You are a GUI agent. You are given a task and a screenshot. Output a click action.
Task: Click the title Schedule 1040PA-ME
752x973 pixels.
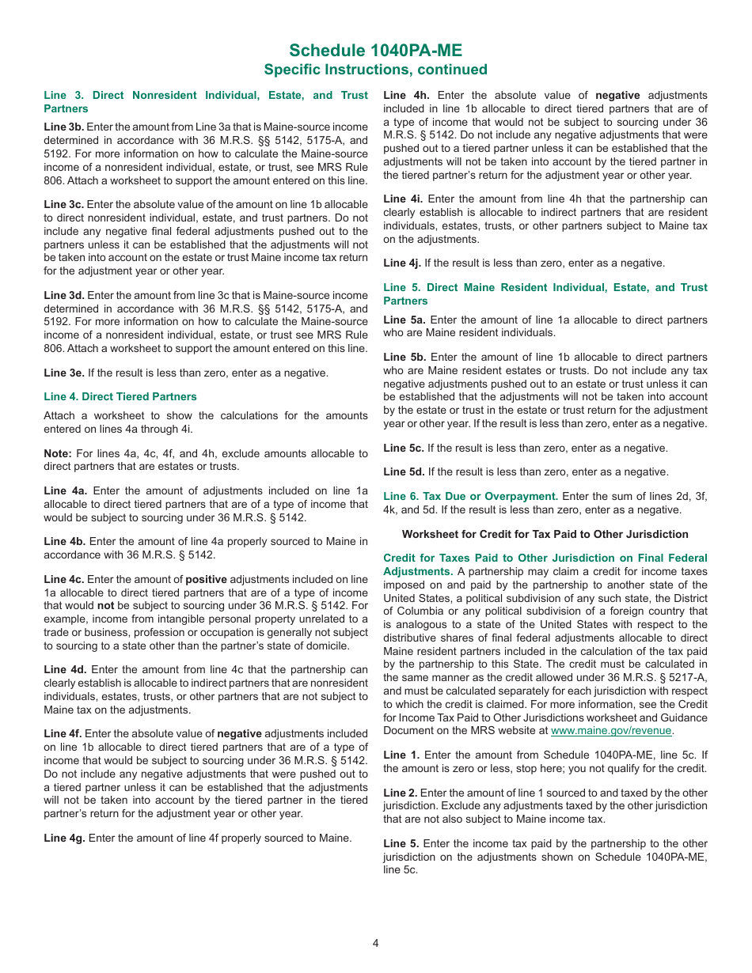pyautogui.click(x=375, y=51)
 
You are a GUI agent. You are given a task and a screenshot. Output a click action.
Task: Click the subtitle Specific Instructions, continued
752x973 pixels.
pyautogui.click(x=375, y=70)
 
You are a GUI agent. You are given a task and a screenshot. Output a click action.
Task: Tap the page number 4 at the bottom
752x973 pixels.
pyautogui.click(x=376, y=942)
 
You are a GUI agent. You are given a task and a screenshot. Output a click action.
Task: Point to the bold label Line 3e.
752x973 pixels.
pyautogui.click(x=63, y=373)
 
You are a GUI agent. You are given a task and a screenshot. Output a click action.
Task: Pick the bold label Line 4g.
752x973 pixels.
pyautogui.click(x=64, y=838)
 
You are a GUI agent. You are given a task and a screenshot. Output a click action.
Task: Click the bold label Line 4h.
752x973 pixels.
pyautogui.click(x=406, y=95)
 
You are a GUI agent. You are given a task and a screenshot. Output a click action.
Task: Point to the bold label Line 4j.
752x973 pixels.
pyautogui.click(x=402, y=263)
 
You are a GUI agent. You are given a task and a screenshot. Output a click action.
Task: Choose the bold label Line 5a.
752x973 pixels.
pyautogui.click(x=404, y=320)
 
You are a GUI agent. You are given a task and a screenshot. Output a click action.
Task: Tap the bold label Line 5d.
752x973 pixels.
pyautogui.click(x=404, y=471)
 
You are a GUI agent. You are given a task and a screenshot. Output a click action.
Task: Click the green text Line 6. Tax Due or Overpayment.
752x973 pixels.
pyautogui.click(x=470, y=496)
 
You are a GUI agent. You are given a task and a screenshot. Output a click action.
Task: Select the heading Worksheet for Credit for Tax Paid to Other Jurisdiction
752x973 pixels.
pyautogui.click(x=545, y=534)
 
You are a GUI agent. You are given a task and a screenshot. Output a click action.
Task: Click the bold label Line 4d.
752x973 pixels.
pyautogui.click(x=65, y=669)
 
